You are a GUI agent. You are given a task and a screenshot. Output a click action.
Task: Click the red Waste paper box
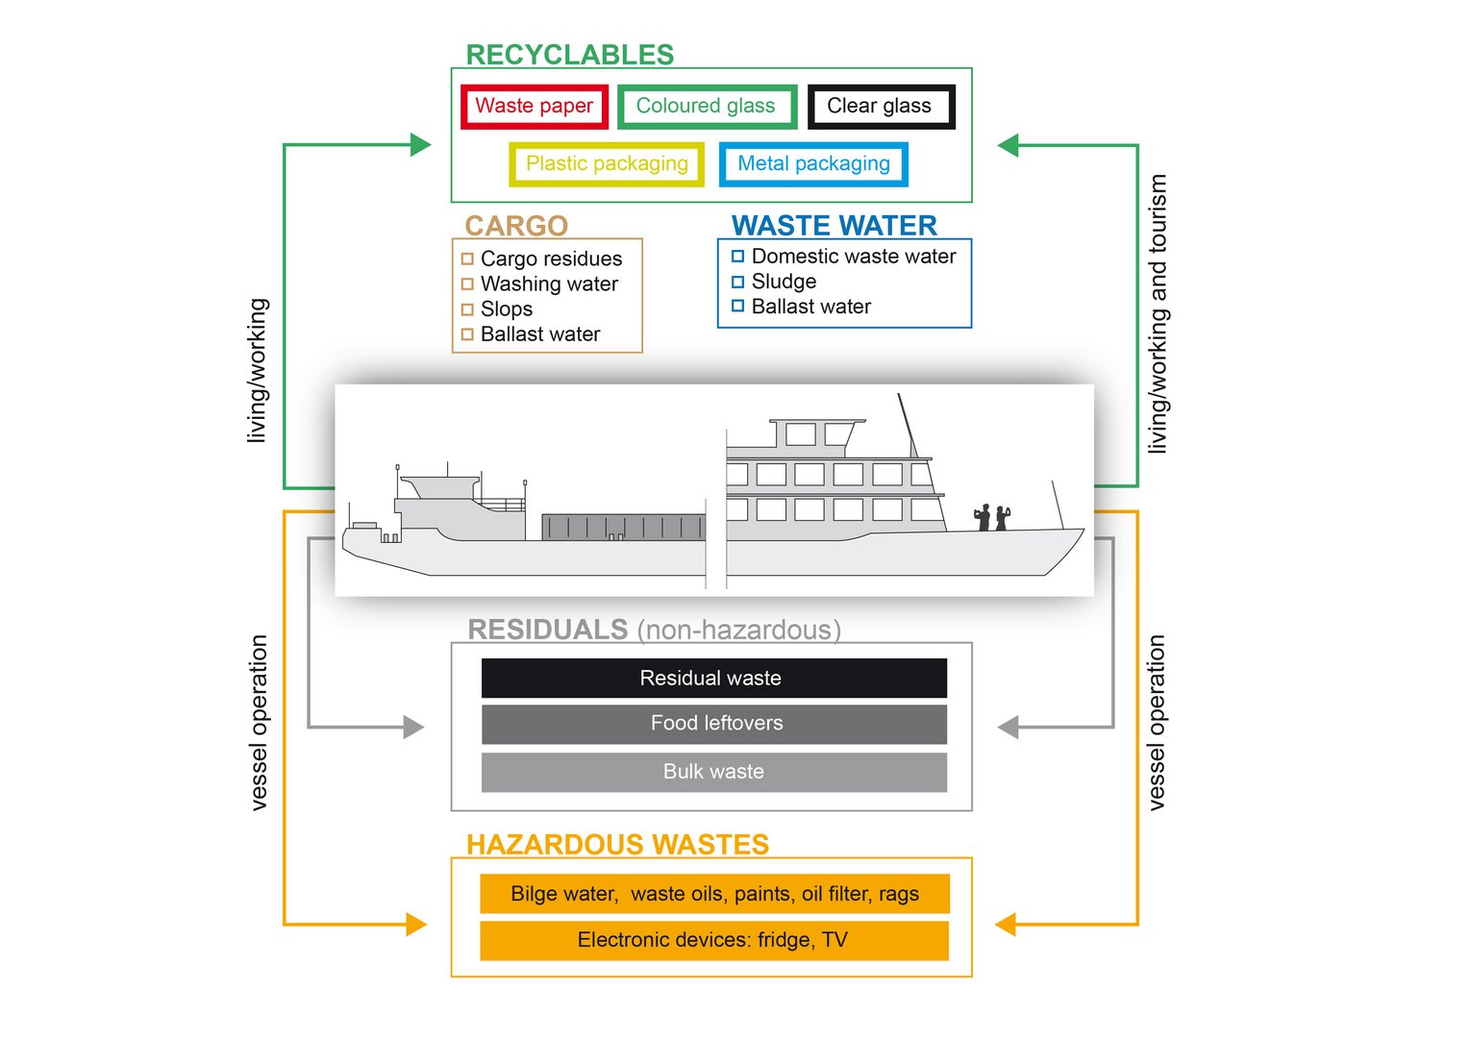535,107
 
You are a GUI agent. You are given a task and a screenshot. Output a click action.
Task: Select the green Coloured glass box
707,107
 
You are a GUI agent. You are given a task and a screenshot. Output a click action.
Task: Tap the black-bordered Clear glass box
881,107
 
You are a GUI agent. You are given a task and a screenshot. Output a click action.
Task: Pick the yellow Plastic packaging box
607,164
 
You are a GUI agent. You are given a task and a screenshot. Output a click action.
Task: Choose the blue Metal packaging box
813,164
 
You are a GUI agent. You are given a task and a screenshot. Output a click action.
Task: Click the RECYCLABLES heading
570,55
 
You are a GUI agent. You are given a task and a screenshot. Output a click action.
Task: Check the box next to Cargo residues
467,259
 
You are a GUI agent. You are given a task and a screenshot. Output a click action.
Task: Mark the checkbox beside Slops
467,309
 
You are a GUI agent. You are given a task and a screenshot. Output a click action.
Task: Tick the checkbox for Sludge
737,282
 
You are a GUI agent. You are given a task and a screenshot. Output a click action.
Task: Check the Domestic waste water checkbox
737,256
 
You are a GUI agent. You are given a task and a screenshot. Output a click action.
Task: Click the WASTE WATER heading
834,226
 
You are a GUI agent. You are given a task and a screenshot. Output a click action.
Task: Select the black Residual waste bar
714,678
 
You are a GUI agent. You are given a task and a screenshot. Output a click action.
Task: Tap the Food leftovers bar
714,724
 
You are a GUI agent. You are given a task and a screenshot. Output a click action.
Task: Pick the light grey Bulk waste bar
714,772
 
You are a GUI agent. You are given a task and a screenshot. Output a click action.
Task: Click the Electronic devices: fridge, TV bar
714,940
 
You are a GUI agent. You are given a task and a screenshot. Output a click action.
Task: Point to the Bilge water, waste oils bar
715,893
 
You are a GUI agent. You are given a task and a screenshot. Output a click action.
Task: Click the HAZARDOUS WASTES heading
617,845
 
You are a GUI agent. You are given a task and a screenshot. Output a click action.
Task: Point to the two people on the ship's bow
992,517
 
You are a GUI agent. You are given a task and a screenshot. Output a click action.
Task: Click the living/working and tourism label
1158,313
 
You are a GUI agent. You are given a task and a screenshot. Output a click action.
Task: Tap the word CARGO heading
516,226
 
